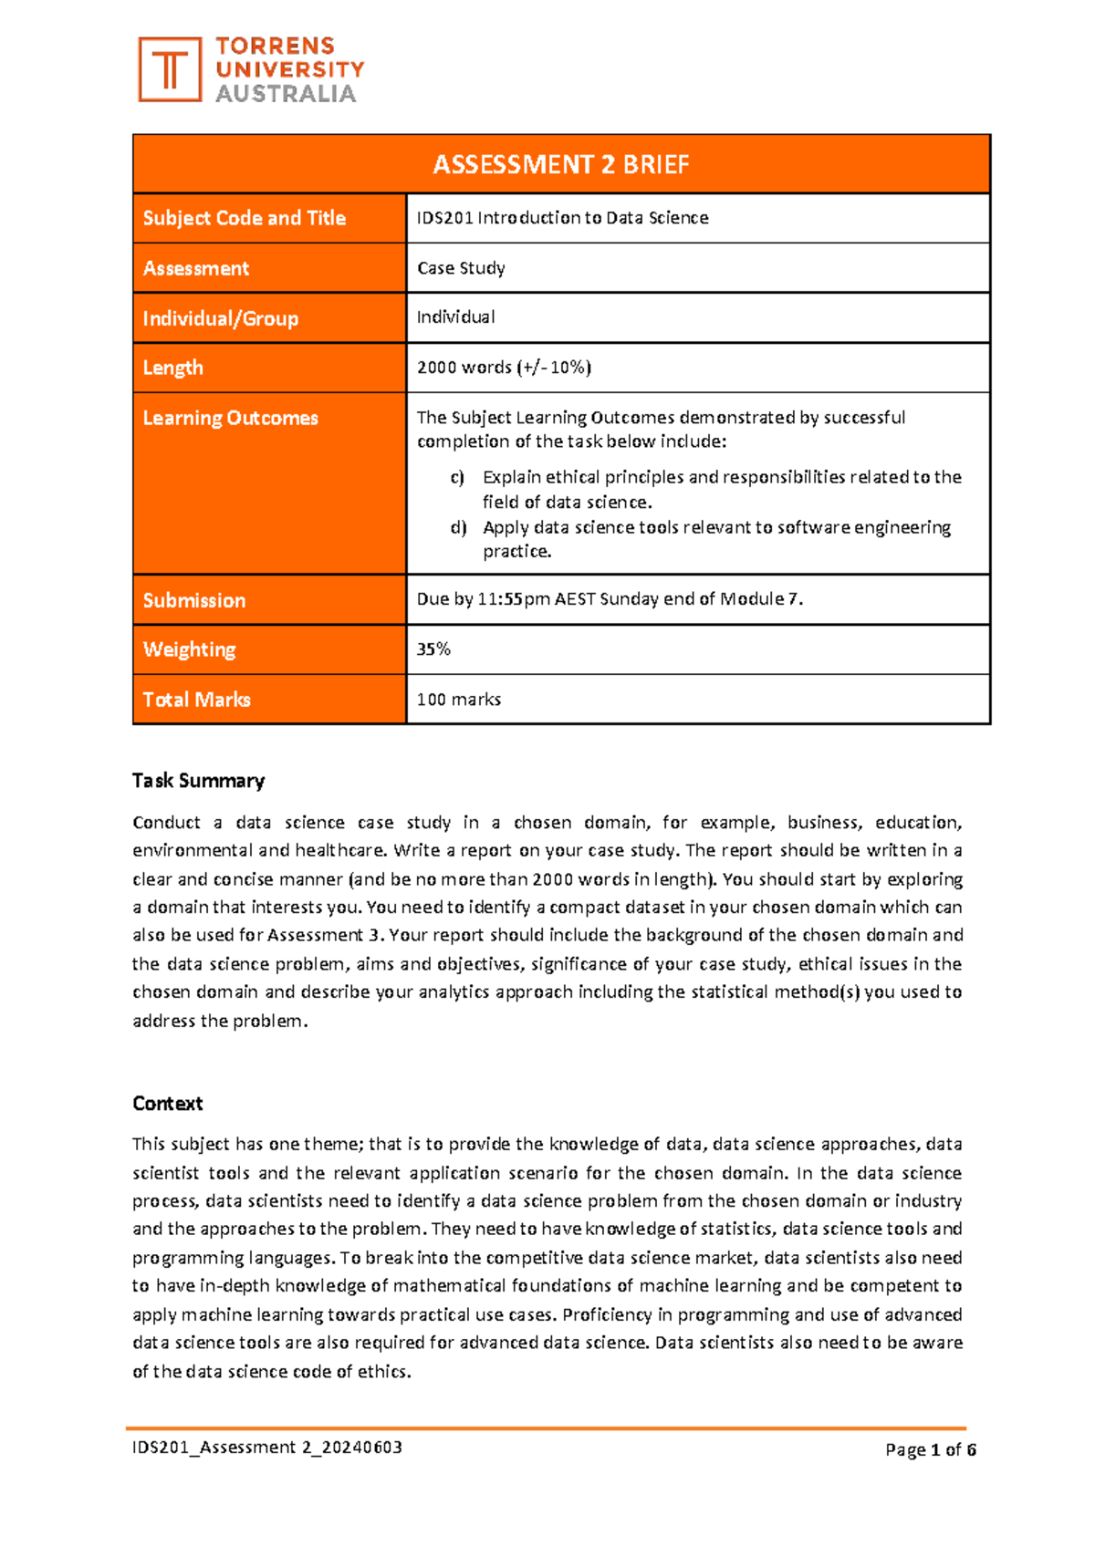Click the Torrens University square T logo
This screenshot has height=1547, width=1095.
[170, 69]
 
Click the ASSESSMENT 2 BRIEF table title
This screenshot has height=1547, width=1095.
[560, 164]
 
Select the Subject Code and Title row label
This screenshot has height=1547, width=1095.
[244, 218]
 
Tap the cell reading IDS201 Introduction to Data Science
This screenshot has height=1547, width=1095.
[562, 218]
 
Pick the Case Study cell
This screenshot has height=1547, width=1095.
[461, 268]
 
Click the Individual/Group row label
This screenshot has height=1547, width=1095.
[220, 318]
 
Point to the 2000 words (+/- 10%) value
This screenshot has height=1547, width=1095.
[504, 368]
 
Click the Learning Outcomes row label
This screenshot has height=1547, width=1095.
[230, 418]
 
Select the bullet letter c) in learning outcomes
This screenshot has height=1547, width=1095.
[457, 477]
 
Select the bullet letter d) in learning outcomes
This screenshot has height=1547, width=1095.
[458, 527]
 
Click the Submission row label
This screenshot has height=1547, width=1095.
[193, 600]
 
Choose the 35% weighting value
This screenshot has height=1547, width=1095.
[433, 649]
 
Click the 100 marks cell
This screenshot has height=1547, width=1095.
[458, 700]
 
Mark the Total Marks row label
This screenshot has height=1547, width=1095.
[196, 700]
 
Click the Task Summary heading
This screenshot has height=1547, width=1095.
[198, 781]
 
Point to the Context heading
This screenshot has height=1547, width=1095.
[167, 1104]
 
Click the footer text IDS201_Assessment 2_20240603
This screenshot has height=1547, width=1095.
[267, 1448]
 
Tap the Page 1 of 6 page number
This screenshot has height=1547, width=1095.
[930, 1450]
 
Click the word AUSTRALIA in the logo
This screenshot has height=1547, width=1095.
[285, 94]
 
